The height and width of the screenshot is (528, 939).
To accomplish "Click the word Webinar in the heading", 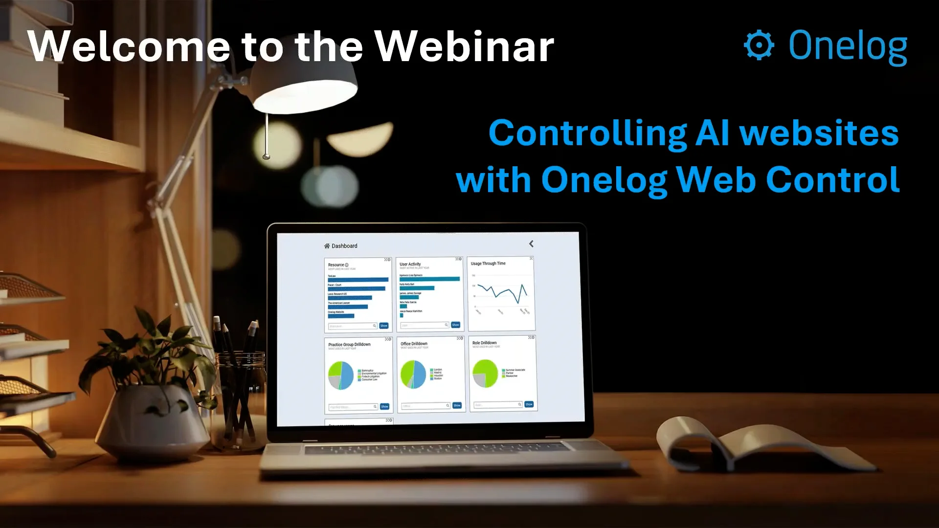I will click(464, 46).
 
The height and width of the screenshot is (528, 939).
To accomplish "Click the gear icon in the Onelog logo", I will click(759, 45).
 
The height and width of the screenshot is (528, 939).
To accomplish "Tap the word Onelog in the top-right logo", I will click(848, 46).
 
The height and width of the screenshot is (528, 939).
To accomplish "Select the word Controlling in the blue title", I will click(587, 133).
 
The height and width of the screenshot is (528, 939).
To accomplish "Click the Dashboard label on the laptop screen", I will click(344, 246).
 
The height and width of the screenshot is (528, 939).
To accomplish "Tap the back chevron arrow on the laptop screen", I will click(531, 243).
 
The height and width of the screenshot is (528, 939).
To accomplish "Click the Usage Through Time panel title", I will click(488, 264).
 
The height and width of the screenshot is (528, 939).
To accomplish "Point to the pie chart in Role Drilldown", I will click(485, 374).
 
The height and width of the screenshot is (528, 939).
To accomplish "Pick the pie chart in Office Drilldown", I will click(413, 374).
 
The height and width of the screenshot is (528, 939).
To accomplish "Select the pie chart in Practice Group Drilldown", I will click(341, 375).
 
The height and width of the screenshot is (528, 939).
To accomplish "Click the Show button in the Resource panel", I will click(384, 326).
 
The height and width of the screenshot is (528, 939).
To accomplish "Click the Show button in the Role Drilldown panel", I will click(529, 404).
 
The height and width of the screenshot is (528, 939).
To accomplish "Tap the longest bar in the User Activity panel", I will click(429, 279).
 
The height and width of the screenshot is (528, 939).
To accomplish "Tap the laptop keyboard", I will click(435, 448).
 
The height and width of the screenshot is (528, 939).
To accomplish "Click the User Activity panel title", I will click(410, 264).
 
